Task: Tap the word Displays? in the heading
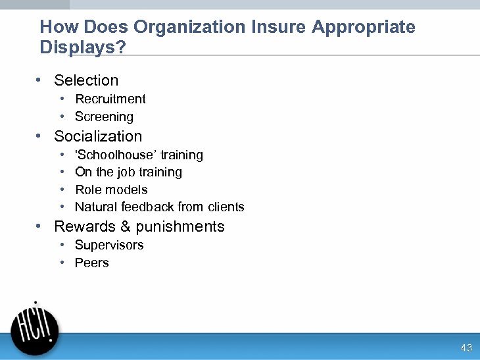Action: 83,47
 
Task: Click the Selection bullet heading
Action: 86,80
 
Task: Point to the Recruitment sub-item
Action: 110,99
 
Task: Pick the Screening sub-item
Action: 104,116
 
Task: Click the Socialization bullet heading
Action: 98,136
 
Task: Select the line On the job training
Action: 128,172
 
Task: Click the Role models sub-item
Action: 111,190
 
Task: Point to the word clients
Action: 226,207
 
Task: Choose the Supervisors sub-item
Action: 109,245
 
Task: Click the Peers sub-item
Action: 92,263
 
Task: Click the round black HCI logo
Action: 36,327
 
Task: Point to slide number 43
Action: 466,347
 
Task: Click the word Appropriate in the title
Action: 364,27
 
